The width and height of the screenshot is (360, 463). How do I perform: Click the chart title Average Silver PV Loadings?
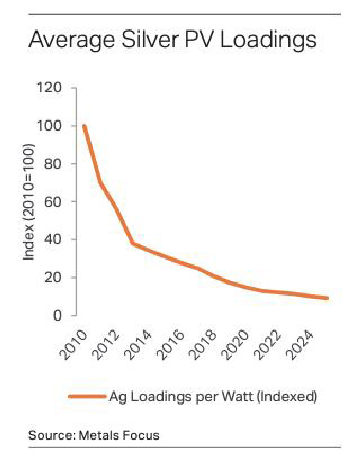pyautogui.click(x=172, y=40)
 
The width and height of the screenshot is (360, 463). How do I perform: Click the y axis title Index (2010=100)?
pyautogui.click(x=29, y=202)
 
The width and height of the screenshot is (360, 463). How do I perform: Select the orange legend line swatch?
pyautogui.click(x=86, y=396)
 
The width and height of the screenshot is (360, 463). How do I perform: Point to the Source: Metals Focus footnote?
pyautogui.click(x=94, y=436)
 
